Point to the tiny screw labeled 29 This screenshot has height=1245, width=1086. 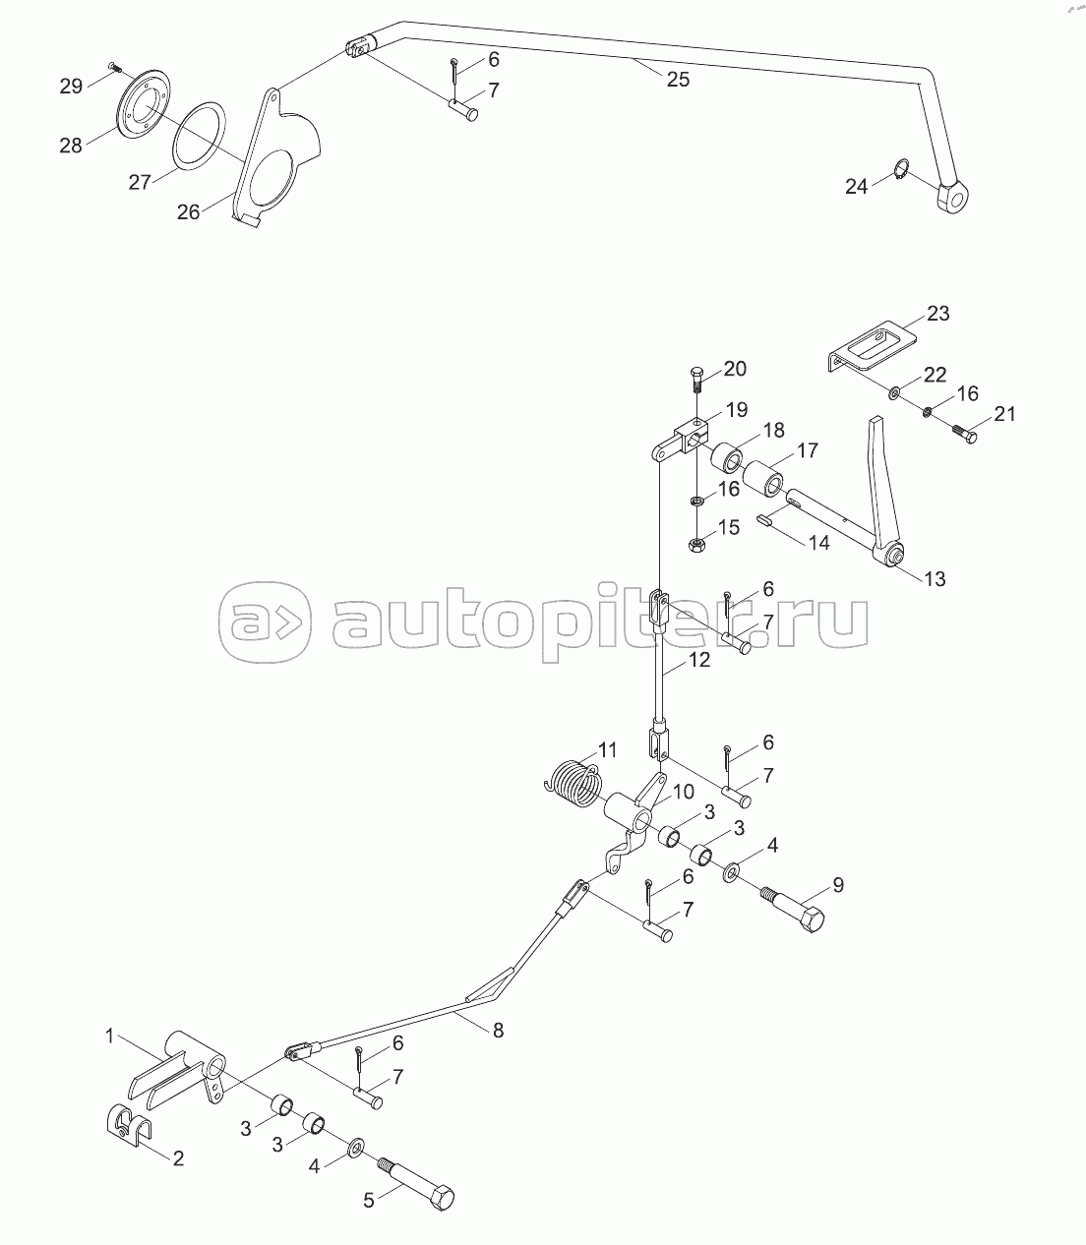(x=114, y=67)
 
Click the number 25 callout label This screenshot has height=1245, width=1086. (x=678, y=80)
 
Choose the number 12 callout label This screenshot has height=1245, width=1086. (x=698, y=660)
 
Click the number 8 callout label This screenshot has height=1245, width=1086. (x=498, y=1030)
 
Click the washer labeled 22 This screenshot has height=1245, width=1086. (x=895, y=393)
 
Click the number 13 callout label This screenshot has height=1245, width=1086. (x=935, y=578)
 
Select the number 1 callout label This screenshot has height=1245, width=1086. (x=112, y=1035)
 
